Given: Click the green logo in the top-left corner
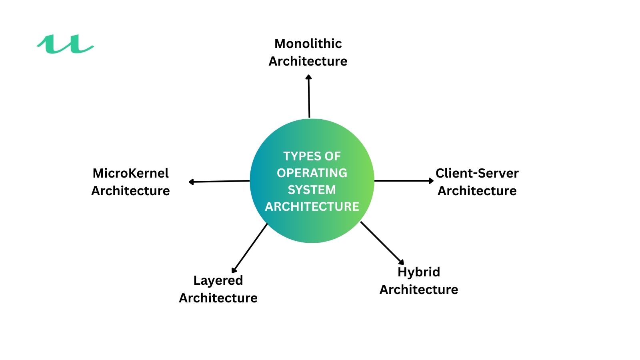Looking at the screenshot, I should point(65,44).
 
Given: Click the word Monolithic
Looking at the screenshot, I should point(308,44).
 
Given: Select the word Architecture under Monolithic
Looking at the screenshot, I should point(308,61).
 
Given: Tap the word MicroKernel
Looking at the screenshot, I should point(131,173).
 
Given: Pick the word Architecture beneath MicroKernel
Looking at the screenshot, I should point(131,191).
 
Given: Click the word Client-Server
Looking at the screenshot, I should point(477,173).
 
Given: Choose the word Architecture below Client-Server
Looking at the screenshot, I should point(477,191).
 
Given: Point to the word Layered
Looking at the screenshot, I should point(218,280).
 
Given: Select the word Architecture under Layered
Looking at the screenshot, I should point(218,298).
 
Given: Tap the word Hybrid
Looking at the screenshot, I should point(419,272).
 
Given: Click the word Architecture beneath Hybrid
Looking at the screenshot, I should point(419,290).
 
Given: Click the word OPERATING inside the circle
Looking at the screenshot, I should point(312,173).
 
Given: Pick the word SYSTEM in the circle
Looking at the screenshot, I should point(312,190).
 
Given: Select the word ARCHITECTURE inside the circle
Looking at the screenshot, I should point(312,206).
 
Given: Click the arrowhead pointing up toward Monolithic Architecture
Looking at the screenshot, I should point(308,77).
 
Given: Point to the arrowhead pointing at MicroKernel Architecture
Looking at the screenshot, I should point(191,182).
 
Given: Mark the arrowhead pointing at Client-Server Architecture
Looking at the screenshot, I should point(431,181).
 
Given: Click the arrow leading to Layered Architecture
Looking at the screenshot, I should point(250,248).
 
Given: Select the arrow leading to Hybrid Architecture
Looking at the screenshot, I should point(382,243).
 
